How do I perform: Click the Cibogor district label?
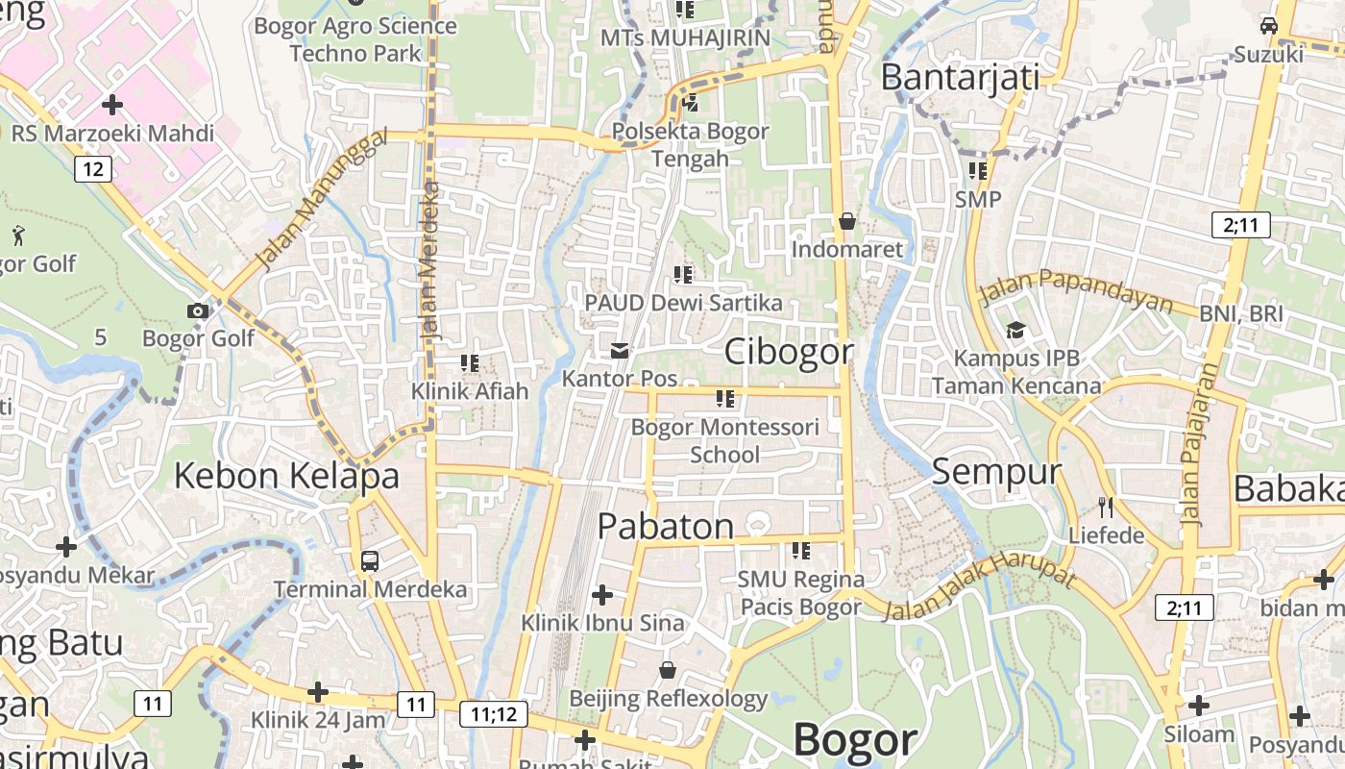(x=788, y=352)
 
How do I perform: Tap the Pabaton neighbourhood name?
(x=666, y=526)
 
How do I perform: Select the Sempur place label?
(x=996, y=472)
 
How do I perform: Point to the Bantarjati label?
(x=960, y=77)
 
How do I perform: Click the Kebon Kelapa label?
(x=286, y=476)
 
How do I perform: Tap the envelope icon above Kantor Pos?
(x=620, y=351)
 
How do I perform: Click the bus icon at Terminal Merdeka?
(x=370, y=560)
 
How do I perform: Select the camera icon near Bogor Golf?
(x=198, y=310)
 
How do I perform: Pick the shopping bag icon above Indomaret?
(x=846, y=222)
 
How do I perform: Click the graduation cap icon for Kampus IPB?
(x=1015, y=332)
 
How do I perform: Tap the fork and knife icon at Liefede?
(x=1106, y=507)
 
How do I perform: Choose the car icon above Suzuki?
(x=1269, y=26)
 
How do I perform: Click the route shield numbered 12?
(x=92, y=170)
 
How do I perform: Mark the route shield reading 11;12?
(x=494, y=714)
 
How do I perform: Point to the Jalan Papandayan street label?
(x=1076, y=290)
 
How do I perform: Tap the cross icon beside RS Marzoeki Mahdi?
(x=112, y=104)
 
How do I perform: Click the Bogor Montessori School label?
(x=725, y=440)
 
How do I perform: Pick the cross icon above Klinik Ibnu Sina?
(x=602, y=595)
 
